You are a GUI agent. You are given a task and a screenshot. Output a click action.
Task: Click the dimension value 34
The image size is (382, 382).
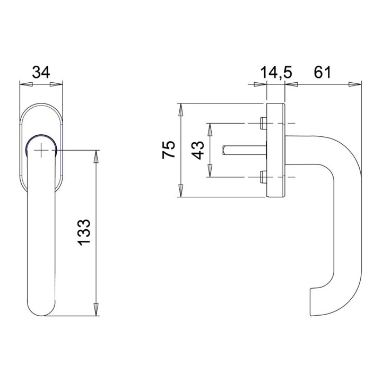point(41,72)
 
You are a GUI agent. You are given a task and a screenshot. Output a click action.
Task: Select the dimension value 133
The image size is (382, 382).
point(84,232)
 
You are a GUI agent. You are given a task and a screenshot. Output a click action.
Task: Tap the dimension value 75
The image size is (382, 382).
point(169,150)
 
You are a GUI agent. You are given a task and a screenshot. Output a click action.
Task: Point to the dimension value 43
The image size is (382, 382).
point(197,150)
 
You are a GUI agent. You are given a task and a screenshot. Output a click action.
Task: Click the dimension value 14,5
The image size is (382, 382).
point(276,72)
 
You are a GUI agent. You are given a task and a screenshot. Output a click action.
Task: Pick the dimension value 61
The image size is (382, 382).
point(323,72)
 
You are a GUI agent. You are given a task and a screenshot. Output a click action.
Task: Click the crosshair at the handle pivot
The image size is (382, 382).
point(41,150)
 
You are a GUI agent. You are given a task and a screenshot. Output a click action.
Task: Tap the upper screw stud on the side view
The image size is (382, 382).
point(264,123)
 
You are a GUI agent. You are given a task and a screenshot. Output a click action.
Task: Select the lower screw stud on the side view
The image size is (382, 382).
point(264,177)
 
